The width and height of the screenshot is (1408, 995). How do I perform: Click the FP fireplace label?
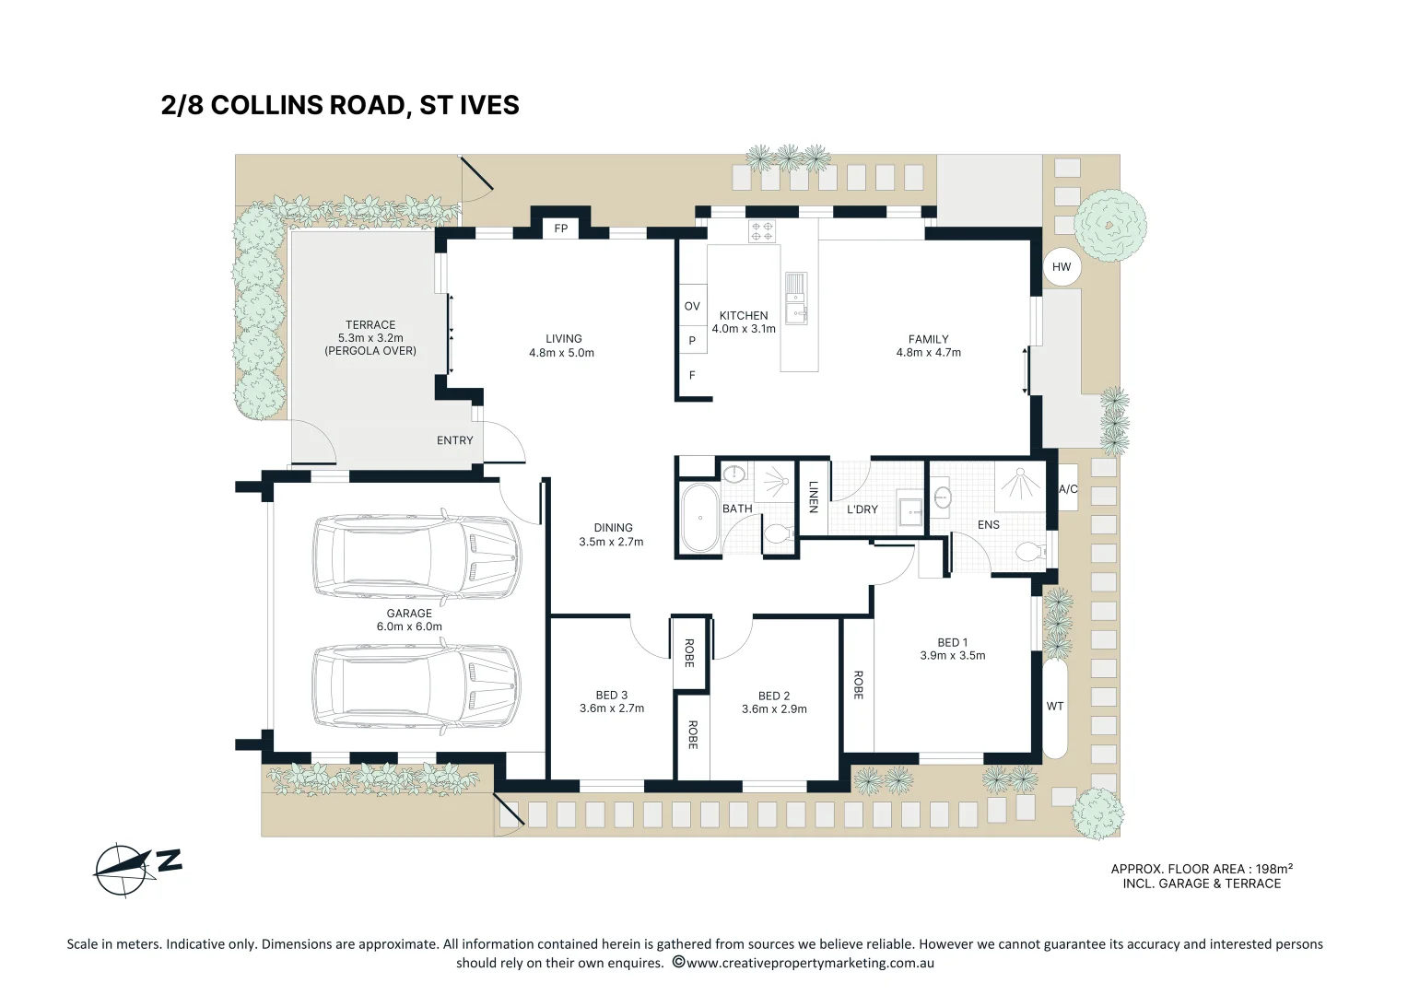coord(560,228)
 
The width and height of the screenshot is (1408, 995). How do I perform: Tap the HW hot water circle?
coord(1062,267)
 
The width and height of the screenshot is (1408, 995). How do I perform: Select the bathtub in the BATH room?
coord(700,518)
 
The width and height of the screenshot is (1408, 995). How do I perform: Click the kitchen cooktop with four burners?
coord(762,231)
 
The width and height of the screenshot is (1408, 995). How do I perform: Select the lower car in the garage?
coord(417,687)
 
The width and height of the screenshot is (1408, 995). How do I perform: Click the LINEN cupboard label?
coord(813,497)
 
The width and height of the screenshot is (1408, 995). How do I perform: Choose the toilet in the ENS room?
coord(1030,552)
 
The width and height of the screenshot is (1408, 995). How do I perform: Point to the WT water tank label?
coord(1055,707)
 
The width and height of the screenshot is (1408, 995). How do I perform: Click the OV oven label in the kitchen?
coord(692,307)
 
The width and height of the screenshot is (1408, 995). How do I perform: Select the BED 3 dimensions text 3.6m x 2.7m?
coord(612,708)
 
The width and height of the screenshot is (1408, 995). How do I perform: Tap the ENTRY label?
coord(454,440)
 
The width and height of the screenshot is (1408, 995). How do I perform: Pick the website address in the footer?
coord(810,963)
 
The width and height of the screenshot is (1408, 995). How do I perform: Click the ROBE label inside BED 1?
coord(858,685)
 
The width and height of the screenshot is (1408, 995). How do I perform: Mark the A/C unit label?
coord(1068,489)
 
